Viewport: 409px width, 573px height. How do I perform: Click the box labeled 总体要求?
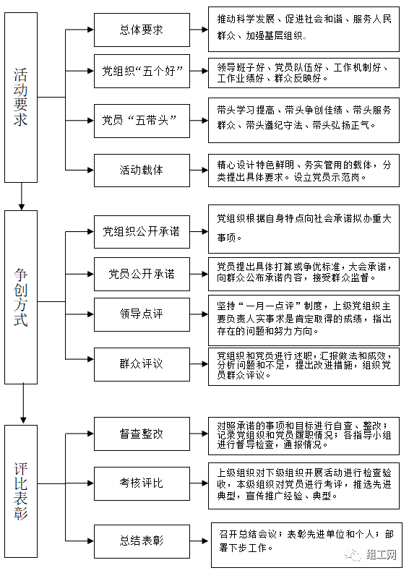[x=142, y=30]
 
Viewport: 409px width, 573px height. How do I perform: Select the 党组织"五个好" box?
[x=142, y=72]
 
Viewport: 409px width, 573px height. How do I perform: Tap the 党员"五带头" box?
[x=142, y=121]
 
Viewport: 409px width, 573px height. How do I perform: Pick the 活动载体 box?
[x=142, y=171]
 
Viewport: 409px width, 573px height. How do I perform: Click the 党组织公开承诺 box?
[x=142, y=232]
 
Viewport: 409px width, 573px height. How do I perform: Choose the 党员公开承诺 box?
[x=142, y=274]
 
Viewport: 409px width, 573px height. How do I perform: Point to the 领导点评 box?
[x=142, y=314]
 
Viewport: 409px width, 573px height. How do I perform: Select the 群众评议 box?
[x=142, y=364]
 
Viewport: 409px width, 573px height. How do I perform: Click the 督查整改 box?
[x=142, y=434]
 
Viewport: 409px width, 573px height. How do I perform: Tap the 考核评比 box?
[x=142, y=483]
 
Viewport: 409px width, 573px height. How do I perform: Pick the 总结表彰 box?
[x=142, y=541]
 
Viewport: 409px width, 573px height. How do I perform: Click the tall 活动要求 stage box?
[x=21, y=98]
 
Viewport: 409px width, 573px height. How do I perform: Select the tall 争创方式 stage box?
[x=21, y=297]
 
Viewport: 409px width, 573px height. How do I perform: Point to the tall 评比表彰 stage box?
[x=21, y=491]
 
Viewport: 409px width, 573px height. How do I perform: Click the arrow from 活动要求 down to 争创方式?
[x=22, y=197]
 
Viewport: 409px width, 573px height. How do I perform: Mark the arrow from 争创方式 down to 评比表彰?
[x=23, y=404]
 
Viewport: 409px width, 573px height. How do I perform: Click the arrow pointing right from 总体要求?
[x=199, y=30]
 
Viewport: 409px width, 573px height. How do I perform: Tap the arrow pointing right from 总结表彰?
[x=199, y=541]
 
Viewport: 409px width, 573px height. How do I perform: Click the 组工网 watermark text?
[x=381, y=555]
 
